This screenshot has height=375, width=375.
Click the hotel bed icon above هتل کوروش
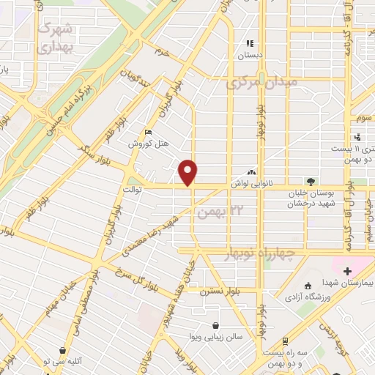tap(149, 133)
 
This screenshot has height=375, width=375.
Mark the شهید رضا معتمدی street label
tap(151, 235)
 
